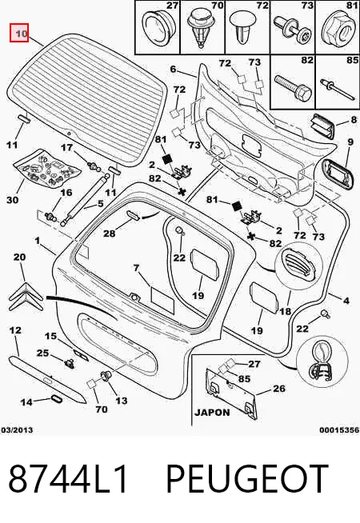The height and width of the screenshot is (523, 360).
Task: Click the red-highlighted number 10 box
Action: click(19, 33)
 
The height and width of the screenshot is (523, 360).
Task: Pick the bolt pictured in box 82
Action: click(293, 87)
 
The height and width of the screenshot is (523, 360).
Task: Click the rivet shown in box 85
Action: click(337, 88)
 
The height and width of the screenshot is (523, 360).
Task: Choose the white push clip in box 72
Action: click(244, 27)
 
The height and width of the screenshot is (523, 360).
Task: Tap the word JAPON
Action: click(212, 413)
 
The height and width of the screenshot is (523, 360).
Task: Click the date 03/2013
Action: click(18, 430)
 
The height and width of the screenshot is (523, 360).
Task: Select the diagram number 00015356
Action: click(339, 430)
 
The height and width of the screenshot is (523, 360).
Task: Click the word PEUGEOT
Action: click(247, 478)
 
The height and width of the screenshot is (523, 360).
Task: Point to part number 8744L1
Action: click(68, 478)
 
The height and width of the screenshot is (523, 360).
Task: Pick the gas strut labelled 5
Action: click(84, 199)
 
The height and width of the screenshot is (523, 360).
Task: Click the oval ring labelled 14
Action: click(55, 399)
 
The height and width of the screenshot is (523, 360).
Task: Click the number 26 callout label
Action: click(278, 389)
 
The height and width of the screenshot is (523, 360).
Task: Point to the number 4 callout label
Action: click(346, 301)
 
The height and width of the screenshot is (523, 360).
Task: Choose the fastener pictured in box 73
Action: click(292, 30)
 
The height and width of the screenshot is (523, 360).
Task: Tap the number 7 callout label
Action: click(136, 268)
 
